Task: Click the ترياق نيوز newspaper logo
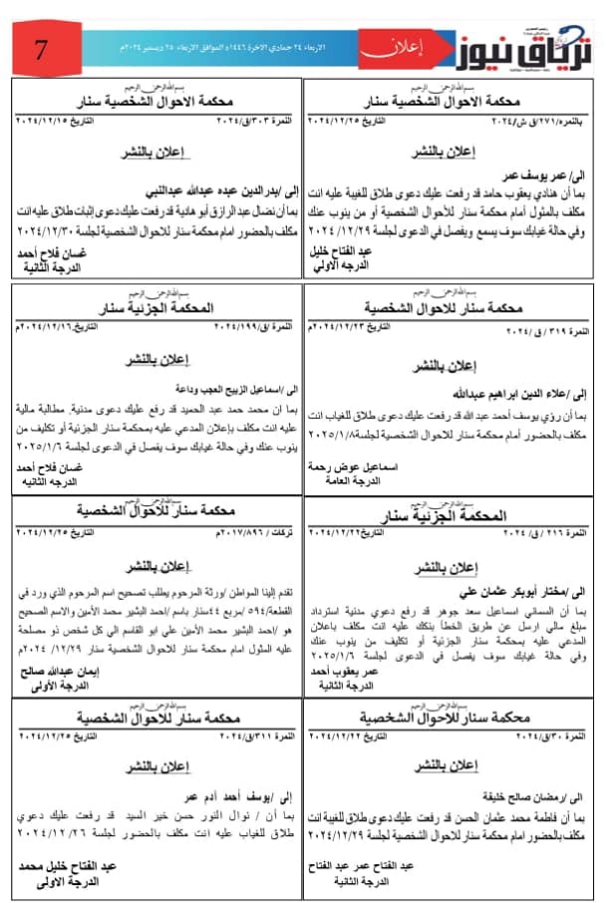coord(520,46)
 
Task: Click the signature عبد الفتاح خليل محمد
coord(67,866)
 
